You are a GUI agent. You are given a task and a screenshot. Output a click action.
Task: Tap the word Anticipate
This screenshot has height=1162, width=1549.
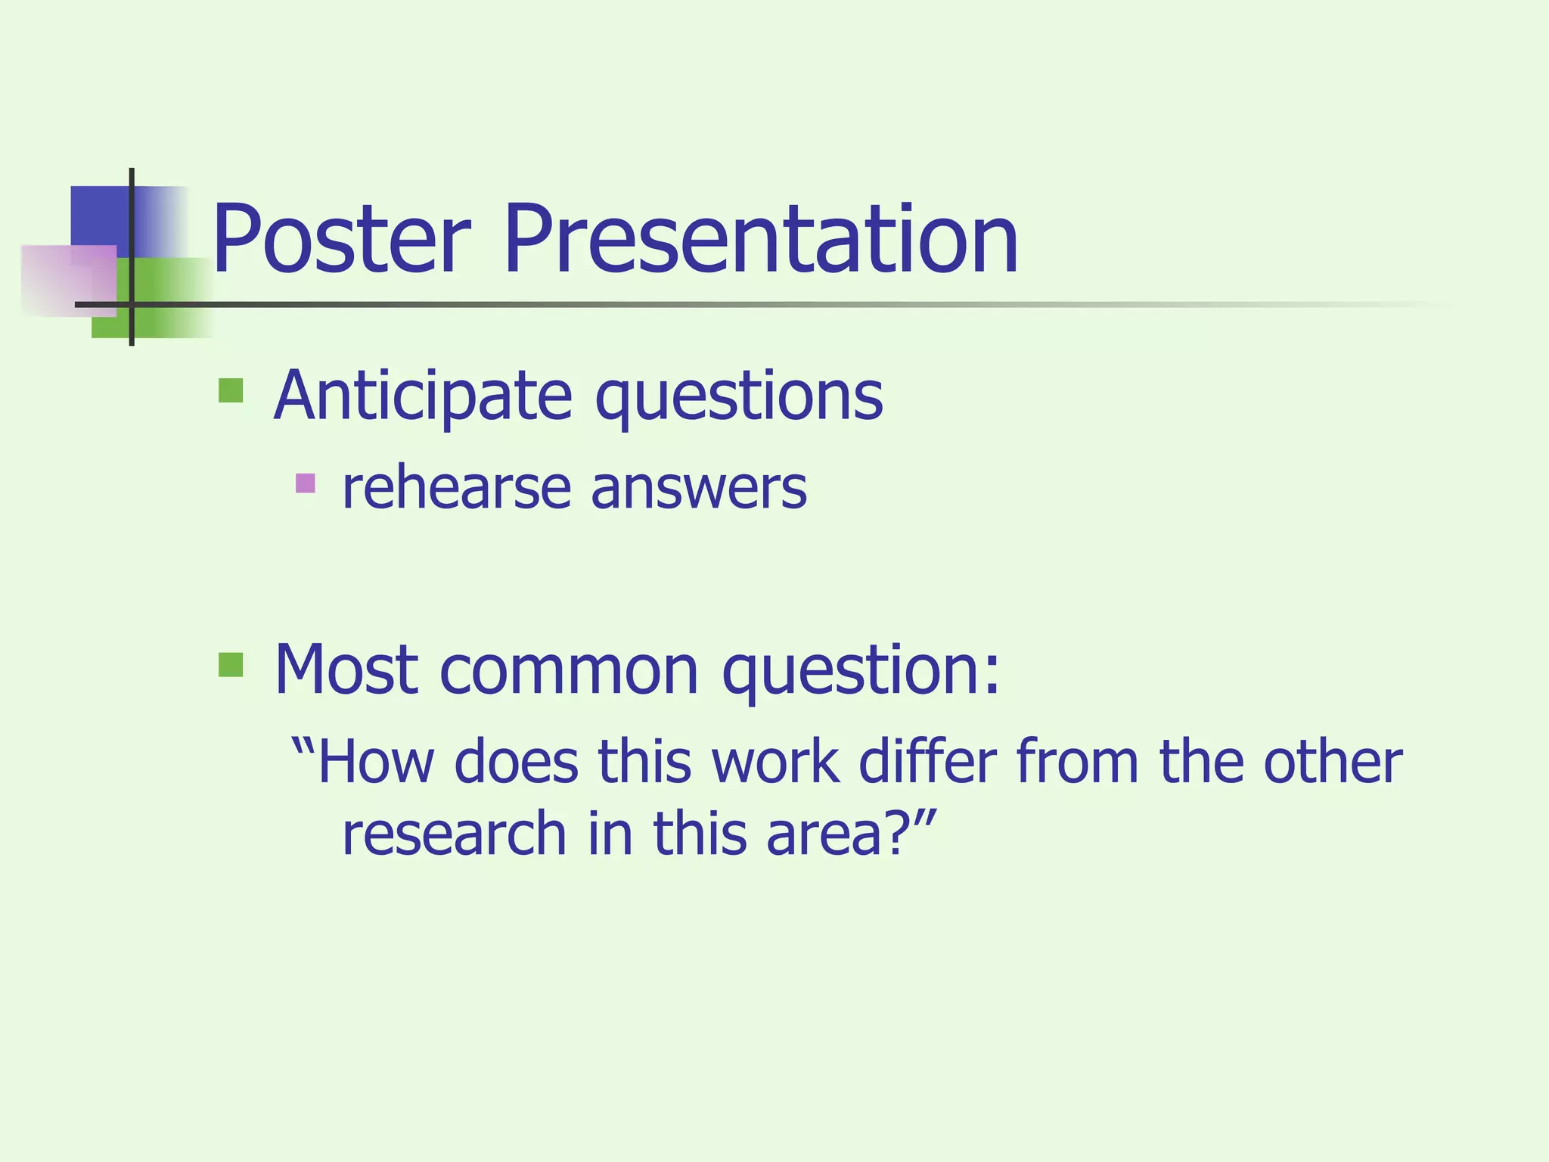424,396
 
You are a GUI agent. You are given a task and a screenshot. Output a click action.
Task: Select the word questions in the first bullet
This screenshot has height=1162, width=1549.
738,398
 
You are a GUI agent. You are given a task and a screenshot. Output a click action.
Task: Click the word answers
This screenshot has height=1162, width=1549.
699,490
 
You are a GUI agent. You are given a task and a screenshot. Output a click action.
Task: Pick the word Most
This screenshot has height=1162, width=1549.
346,669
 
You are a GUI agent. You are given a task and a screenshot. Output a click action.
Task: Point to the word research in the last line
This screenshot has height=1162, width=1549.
454,834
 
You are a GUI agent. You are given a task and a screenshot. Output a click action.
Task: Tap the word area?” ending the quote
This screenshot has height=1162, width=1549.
852,834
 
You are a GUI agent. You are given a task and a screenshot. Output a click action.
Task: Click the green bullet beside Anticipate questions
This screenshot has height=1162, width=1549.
231,390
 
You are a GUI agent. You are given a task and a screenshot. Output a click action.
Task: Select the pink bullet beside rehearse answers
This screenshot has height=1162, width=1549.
305,483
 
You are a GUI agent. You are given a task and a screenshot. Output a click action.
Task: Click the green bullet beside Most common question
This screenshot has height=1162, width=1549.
231,665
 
